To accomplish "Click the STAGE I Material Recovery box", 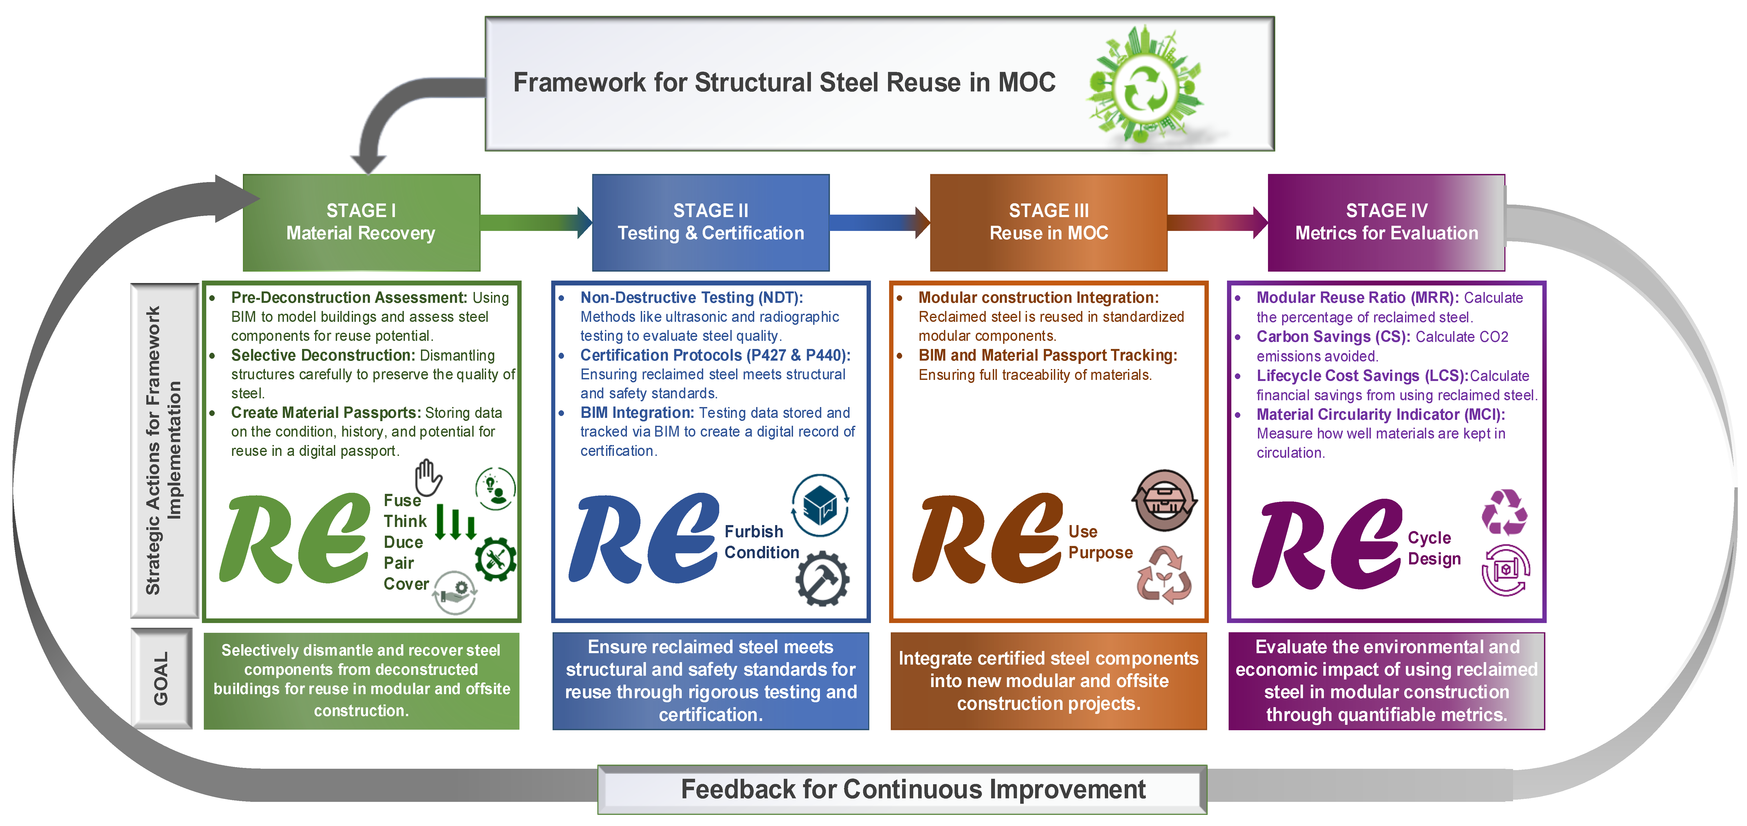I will coord(361,223).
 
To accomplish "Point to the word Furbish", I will coord(753,532).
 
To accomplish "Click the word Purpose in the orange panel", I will coord(1100,553).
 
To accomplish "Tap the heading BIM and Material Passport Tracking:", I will coord(1047,355).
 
